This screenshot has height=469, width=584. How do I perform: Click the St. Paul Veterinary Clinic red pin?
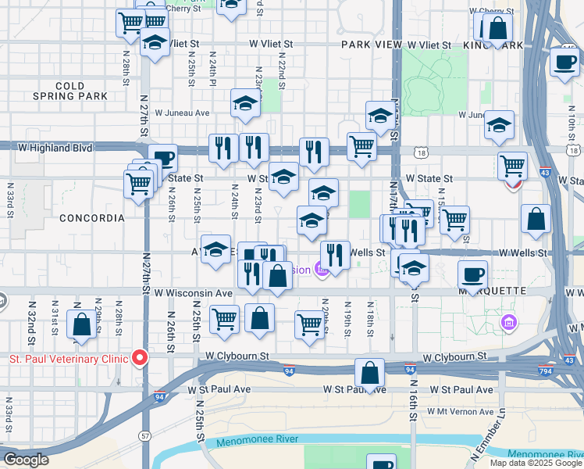[140, 357]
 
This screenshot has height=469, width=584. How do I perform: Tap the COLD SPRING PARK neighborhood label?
[70, 91]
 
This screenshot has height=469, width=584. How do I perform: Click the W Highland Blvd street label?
[55, 148]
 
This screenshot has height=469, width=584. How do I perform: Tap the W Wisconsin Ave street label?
[194, 293]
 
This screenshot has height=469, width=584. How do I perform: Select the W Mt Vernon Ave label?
[465, 412]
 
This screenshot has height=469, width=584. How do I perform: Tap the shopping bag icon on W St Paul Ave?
[370, 373]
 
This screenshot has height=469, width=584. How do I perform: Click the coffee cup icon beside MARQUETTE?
[473, 274]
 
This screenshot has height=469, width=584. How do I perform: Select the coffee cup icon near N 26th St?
[162, 159]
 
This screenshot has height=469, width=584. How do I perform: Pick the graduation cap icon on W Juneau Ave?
[245, 104]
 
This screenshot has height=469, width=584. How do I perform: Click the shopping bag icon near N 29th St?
[81, 325]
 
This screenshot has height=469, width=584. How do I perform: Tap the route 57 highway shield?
[145, 435]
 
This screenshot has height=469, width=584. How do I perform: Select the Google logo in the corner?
[26, 460]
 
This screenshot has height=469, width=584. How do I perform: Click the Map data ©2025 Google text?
[536, 463]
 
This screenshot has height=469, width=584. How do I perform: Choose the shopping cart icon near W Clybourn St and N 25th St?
[224, 319]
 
